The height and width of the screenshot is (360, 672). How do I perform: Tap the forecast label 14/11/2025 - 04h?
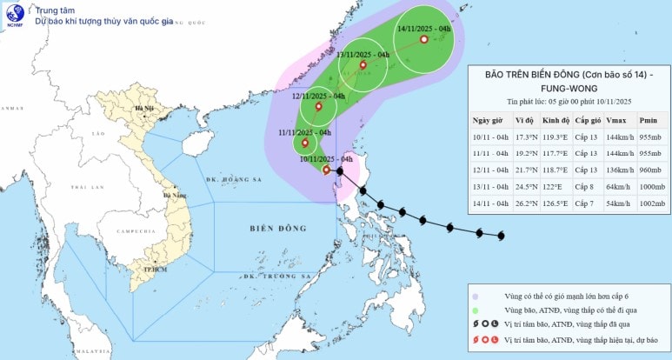pyautogui.click(x=423, y=29)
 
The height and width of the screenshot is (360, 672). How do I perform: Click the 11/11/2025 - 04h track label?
pyautogui.click(x=304, y=132)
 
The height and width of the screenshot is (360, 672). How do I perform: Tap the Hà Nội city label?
pyautogui.click(x=137, y=109)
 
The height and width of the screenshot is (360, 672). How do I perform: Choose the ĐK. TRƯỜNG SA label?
pyautogui.click(x=265, y=277)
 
